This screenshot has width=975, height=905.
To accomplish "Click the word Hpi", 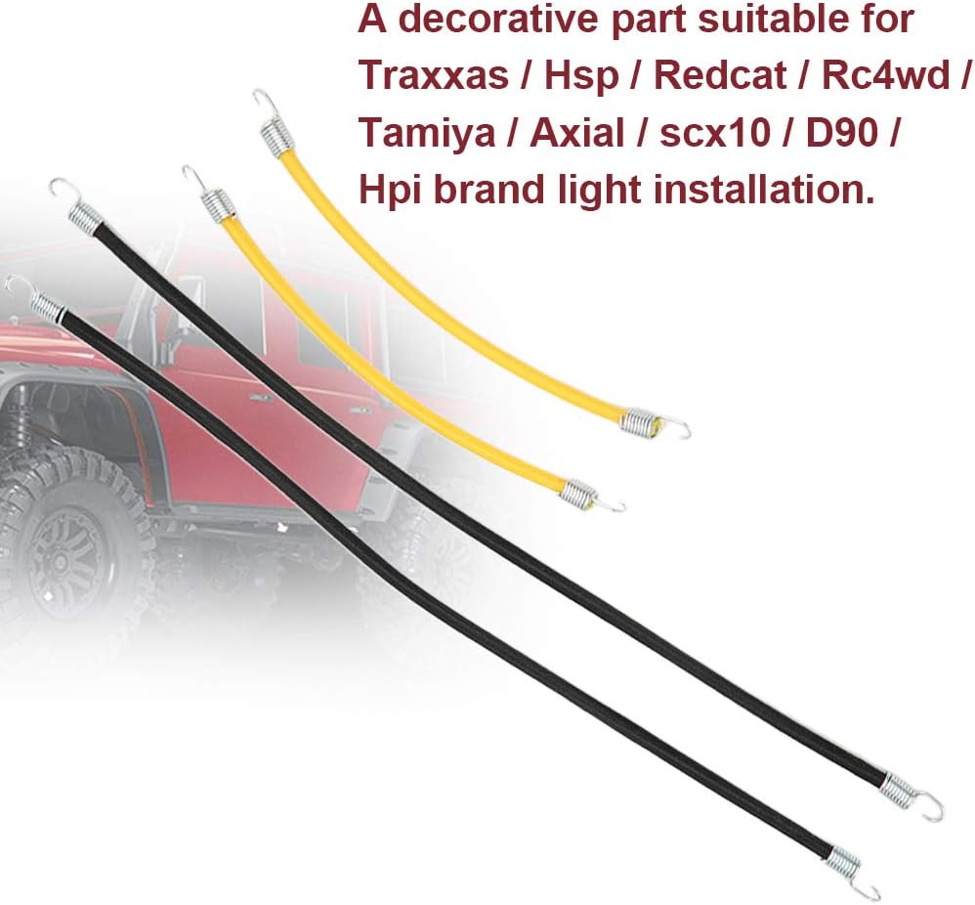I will coord(389,188).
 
